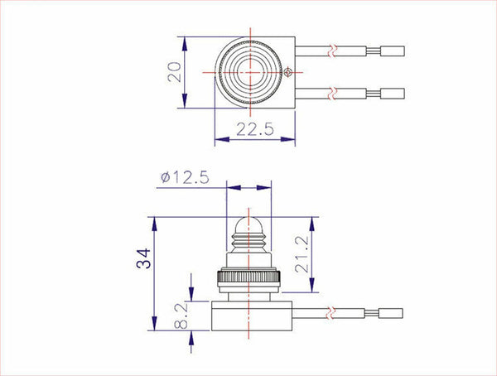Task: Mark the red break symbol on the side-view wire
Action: [x=331, y=314]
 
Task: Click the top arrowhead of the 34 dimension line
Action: [x=153, y=221]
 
